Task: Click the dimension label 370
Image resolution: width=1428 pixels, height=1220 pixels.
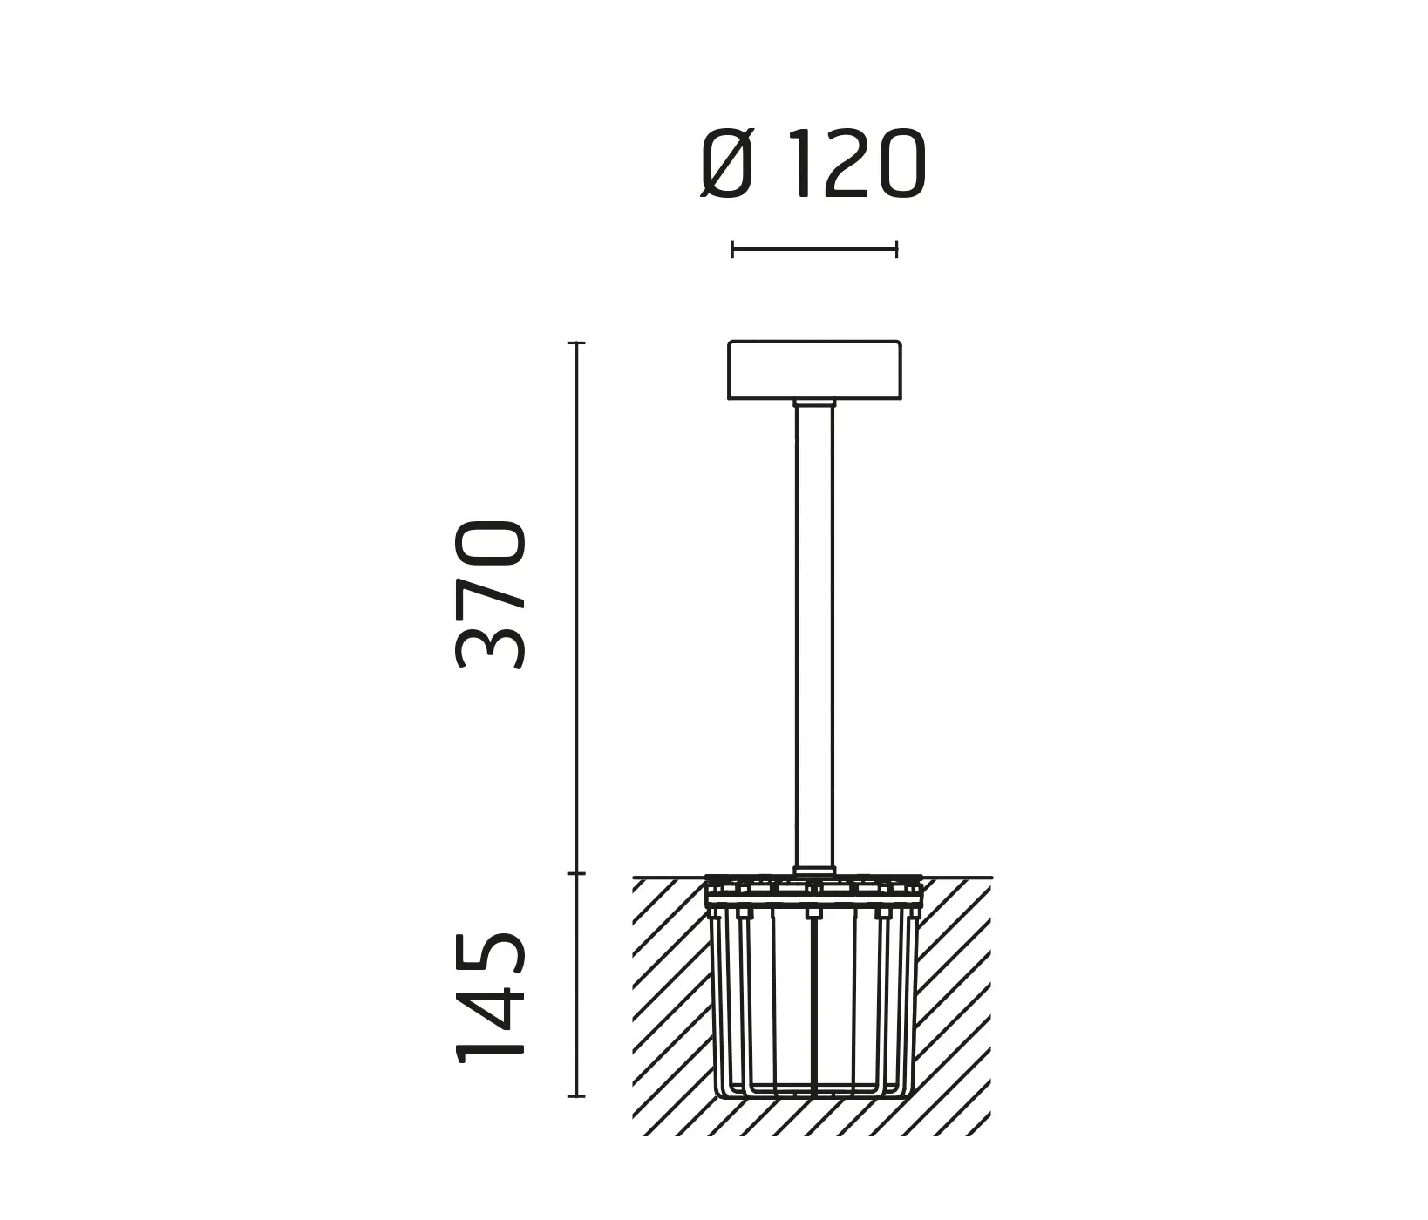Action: pyautogui.click(x=491, y=594)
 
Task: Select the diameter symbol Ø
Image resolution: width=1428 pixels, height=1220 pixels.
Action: pyautogui.click(x=726, y=166)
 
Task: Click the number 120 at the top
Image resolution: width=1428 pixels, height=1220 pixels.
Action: pyautogui.click(x=859, y=166)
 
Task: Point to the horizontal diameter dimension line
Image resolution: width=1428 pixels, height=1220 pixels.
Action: pyautogui.click(x=814, y=250)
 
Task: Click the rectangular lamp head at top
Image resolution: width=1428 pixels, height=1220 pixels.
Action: pyautogui.click(x=814, y=370)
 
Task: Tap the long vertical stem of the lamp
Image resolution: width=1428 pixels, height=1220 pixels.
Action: pyautogui.click(x=814, y=636)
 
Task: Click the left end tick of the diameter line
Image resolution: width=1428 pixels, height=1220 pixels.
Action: pyautogui.click(x=732, y=250)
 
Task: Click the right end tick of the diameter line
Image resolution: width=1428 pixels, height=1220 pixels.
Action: pyautogui.click(x=896, y=250)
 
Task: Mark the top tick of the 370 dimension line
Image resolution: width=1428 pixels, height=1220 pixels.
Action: pyautogui.click(x=575, y=343)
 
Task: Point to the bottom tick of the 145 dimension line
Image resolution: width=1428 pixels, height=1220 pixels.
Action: pyautogui.click(x=575, y=1095)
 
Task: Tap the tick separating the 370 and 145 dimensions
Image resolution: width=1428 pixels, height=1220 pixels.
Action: pyautogui.click(x=575, y=873)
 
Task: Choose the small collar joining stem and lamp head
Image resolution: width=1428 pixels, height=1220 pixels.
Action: pyautogui.click(x=814, y=403)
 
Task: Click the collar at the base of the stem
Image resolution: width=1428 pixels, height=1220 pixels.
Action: pyautogui.click(x=814, y=869)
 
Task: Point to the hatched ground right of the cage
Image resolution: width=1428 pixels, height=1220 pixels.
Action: pyautogui.click(x=955, y=1002)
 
